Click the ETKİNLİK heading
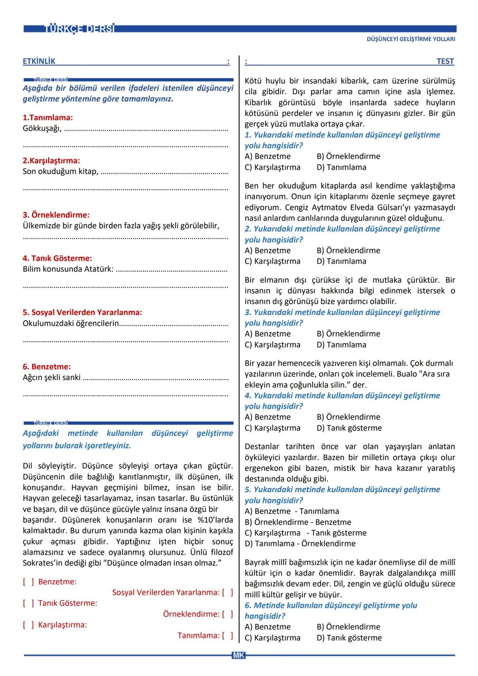(x=39, y=62)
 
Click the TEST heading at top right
(x=445, y=62)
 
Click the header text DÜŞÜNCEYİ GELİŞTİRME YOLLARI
(x=411, y=39)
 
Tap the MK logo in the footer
(x=238, y=655)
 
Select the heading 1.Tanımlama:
(x=48, y=118)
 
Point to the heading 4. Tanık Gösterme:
(x=57, y=258)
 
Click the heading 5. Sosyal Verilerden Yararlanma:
(x=82, y=313)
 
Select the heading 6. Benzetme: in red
(x=46, y=367)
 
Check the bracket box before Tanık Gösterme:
(x=28, y=603)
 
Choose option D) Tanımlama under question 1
(x=341, y=167)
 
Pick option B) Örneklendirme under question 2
(x=348, y=251)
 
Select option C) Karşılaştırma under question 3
(x=272, y=345)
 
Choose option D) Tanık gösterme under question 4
(x=349, y=428)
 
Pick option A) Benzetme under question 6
(x=267, y=627)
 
